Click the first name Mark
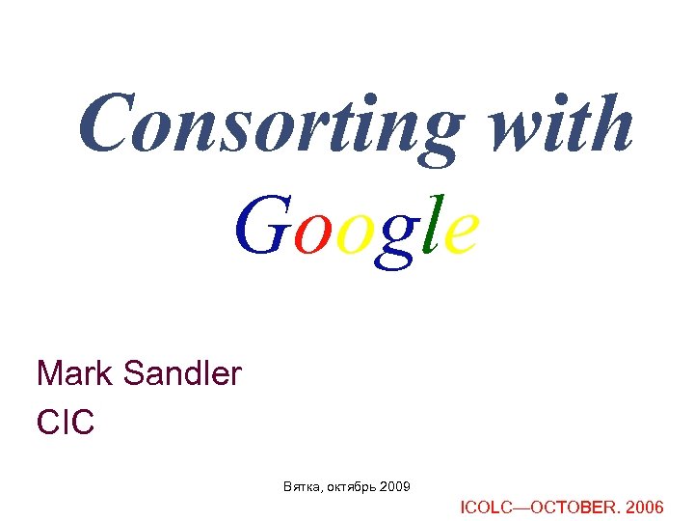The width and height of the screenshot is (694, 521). tap(74, 372)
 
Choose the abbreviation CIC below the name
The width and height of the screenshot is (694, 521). tap(65, 422)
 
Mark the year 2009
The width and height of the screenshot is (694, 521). tap(395, 485)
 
